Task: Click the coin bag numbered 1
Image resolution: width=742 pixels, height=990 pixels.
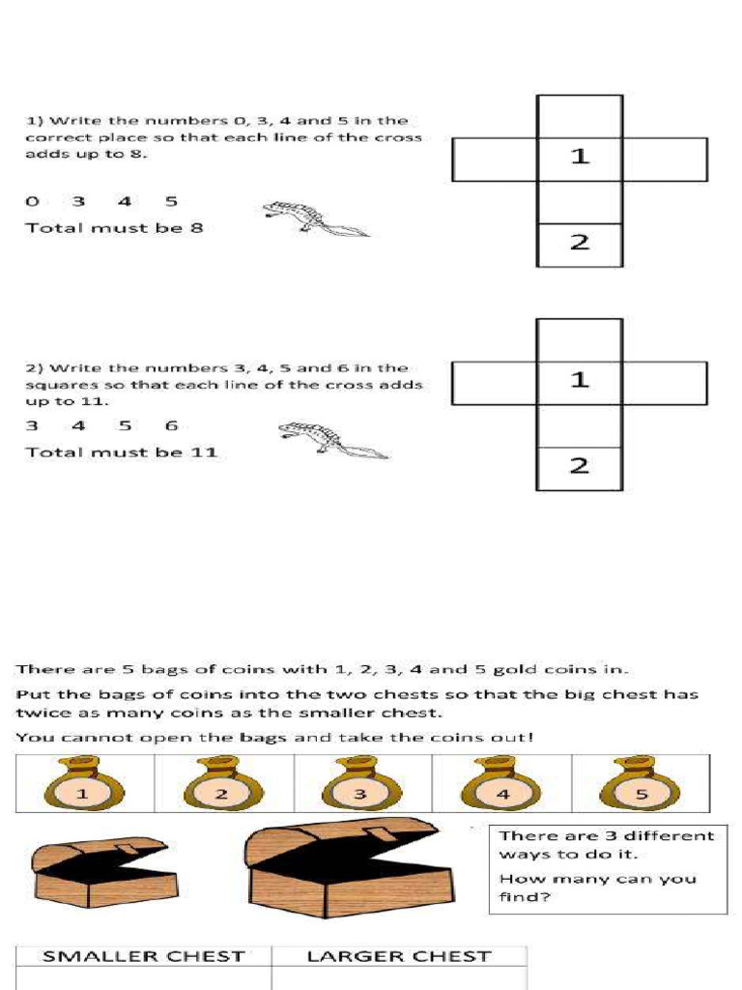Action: (x=83, y=784)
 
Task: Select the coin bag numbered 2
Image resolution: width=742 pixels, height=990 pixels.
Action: (x=222, y=784)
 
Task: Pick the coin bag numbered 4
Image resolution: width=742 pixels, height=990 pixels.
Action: (x=500, y=784)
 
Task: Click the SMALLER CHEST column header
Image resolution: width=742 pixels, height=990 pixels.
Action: (x=143, y=956)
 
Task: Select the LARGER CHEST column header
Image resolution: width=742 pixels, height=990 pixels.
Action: (x=399, y=956)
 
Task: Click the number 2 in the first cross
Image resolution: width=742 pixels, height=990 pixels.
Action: (x=580, y=242)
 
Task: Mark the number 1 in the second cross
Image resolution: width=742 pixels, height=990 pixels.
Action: (x=580, y=380)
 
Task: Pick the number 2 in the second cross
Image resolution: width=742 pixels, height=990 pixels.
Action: (x=580, y=466)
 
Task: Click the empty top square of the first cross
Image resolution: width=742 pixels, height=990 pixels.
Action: (x=580, y=116)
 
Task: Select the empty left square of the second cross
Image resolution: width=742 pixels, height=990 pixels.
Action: (x=495, y=383)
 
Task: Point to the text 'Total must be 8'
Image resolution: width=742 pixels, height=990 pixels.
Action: (x=114, y=228)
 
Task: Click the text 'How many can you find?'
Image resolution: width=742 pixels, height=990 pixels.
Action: (x=597, y=888)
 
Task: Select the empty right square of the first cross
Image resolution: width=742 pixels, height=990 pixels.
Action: (x=665, y=160)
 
